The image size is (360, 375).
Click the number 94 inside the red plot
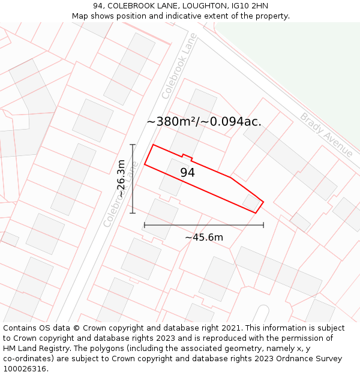click(187, 173)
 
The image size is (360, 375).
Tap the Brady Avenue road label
click(327, 135)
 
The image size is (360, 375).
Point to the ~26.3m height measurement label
click(121, 179)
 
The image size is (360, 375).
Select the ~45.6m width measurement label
click(204, 237)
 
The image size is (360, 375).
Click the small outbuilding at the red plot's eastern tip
click(251, 202)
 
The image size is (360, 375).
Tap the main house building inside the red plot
click(172, 176)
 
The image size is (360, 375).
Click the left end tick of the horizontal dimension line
click(145, 225)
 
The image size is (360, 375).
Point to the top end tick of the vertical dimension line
click(133, 145)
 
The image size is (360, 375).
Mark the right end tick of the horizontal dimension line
click(263, 225)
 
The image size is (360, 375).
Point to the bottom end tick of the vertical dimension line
click(133, 213)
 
